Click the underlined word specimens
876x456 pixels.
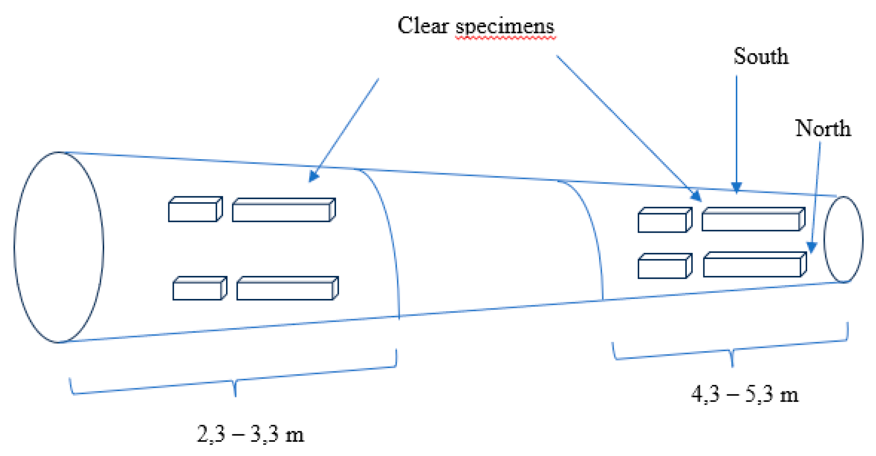(x=505, y=27)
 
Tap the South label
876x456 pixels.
(x=761, y=57)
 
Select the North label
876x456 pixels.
(x=823, y=128)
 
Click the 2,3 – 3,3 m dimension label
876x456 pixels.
(x=250, y=434)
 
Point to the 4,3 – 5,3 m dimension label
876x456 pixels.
(x=745, y=394)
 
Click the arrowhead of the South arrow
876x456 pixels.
(x=736, y=188)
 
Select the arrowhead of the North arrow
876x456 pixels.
(x=811, y=248)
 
